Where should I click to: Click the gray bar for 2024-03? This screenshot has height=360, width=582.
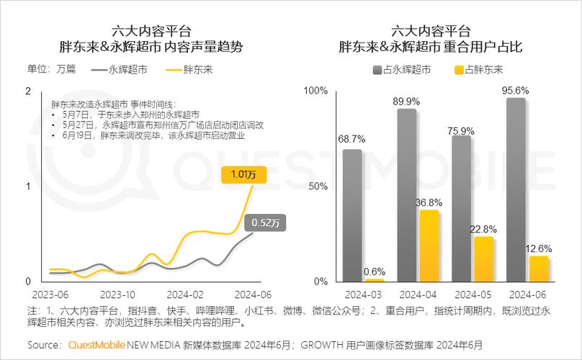pos(353,215)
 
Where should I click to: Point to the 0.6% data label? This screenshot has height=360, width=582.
pos(374,271)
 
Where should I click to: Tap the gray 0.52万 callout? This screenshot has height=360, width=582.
pos(266,222)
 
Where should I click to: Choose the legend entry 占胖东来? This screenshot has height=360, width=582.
pos(478,70)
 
